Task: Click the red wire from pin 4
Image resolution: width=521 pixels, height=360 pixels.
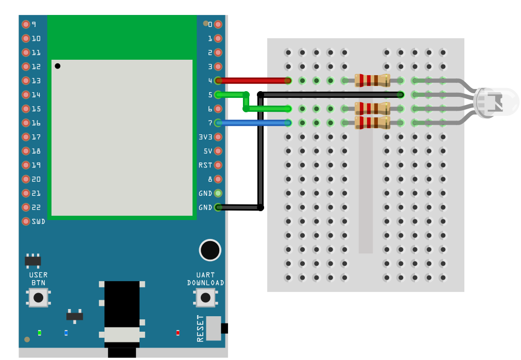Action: pyautogui.click(x=252, y=80)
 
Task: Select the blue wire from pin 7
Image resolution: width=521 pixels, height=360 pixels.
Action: pyautogui.click(x=252, y=123)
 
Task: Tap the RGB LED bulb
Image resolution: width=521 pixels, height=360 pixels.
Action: pyautogui.click(x=496, y=101)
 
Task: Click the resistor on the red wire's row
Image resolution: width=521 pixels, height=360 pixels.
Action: pyautogui.click(x=372, y=80)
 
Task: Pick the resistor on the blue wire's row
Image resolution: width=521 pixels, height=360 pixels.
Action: pyautogui.click(x=372, y=123)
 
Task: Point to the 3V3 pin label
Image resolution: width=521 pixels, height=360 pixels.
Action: pyautogui.click(x=205, y=137)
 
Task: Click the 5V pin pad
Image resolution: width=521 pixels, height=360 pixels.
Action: pyautogui.click(x=218, y=151)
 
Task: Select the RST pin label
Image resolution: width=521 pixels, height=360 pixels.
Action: pyautogui.click(x=205, y=165)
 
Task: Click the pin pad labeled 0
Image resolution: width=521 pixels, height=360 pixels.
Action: pyautogui.click(x=218, y=24)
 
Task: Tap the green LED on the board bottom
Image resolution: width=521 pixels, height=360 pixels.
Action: pyautogui.click(x=40, y=333)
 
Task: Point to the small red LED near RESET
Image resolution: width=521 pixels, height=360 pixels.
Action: pyautogui.click(x=178, y=333)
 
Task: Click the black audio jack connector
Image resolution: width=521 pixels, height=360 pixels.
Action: pyautogui.click(x=122, y=314)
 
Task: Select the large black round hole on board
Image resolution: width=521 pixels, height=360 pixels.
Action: pyautogui.click(x=210, y=250)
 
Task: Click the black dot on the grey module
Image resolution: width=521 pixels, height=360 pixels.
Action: pyautogui.click(x=58, y=66)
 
